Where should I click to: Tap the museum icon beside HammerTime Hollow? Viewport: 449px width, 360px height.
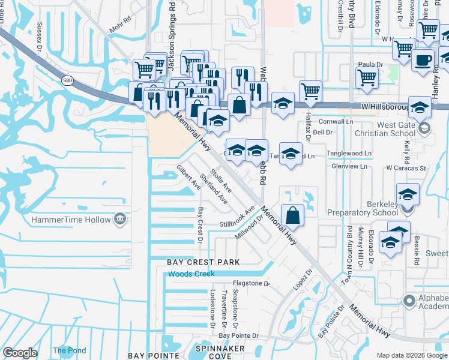tap(120, 218)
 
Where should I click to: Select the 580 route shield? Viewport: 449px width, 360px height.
tap(67, 79)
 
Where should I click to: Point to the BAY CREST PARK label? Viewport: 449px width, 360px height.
tap(203, 262)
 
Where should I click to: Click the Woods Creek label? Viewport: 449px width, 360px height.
tap(191, 274)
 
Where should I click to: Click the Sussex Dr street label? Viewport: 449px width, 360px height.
tap(40, 35)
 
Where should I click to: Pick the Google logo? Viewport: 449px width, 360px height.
tap(20, 353)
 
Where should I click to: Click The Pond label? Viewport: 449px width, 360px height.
tap(69, 351)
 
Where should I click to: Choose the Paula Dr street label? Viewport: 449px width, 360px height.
tap(370, 64)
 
